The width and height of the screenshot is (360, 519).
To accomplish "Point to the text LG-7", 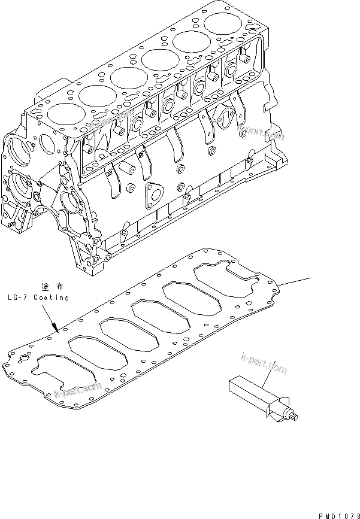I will tap(18, 297).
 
